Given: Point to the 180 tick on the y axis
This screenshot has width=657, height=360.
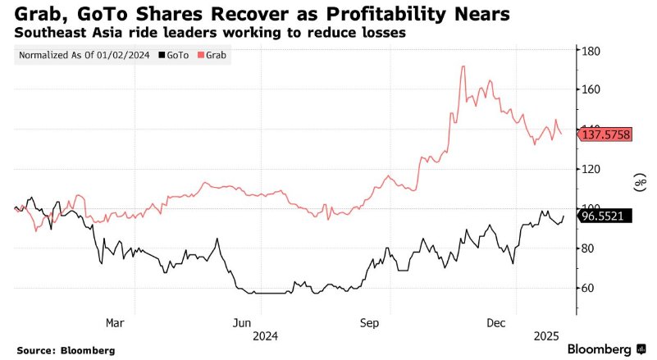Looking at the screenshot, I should point(591,52).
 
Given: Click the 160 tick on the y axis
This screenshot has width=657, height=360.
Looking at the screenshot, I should point(591,89).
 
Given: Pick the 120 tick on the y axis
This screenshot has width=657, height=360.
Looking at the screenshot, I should point(591,169).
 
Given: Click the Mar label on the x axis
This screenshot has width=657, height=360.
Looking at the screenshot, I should point(116,322).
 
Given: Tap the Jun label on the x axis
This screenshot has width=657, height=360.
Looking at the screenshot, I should point(241,322).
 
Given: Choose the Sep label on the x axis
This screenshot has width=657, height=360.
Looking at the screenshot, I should point(369,322).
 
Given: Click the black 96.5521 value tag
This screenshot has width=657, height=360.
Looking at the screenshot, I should point(605,216).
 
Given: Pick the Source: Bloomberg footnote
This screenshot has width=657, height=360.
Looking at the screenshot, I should point(65,350).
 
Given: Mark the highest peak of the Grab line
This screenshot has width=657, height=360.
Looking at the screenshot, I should point(463,66).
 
